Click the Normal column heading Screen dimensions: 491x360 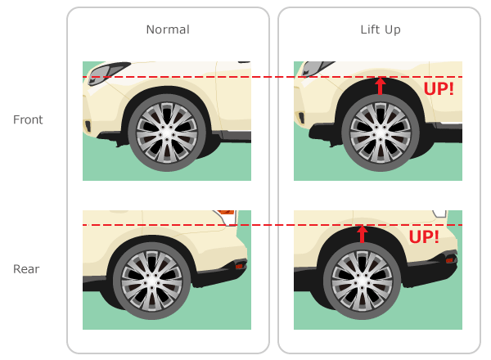coord(168,29)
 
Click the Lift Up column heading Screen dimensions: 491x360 coord(381,29)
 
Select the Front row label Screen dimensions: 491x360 coord(28,119)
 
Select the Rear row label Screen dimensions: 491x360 coord(26,269)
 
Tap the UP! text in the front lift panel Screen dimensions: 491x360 coord(439,89)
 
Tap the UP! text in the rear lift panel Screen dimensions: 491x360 coord(424,237)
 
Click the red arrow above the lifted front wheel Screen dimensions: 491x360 coord(381,86)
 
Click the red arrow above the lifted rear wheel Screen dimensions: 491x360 coord(363,234)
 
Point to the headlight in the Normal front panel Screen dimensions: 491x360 coord(108,73)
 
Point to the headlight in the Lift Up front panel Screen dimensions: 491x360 coord(316,68)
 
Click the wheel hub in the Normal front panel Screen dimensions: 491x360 coord(167,133)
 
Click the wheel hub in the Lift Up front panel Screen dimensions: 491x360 coord(381,133)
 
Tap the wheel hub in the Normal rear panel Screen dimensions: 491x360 coord(152,281)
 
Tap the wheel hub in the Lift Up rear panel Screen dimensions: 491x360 coord(363,281)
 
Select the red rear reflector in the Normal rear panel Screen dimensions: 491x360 coord(239,266)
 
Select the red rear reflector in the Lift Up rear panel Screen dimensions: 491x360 coord(449,259)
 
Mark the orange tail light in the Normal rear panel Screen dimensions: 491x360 coord(226,212)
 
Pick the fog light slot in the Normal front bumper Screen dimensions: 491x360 coord(88,126)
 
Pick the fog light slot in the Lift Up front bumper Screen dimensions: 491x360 coord(301,117)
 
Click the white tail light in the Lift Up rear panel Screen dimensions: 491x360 coord(439,214)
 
